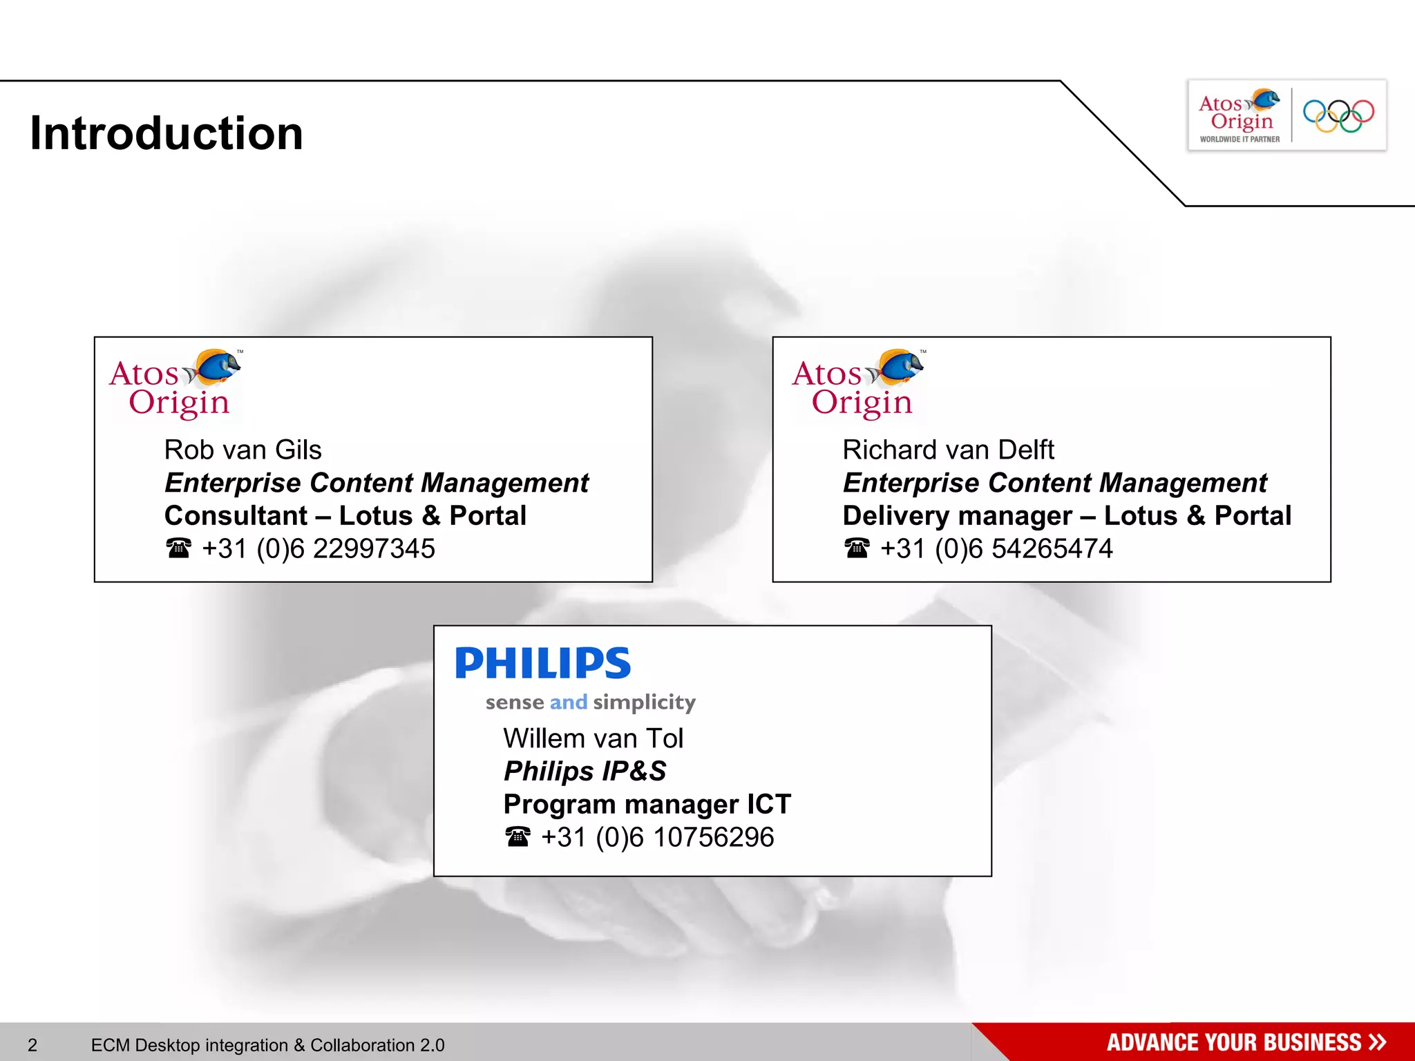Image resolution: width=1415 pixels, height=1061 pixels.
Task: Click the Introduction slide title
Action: click(x=167, y=133)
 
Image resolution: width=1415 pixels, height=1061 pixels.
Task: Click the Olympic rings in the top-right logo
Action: click(x=1338, y=115)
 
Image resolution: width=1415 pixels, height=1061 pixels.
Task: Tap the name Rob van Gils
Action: click(x=243, y=450)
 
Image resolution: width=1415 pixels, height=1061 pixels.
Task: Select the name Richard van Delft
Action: click(x=948, y=450)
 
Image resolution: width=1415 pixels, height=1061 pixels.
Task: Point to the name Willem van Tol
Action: click(x=593, y=738)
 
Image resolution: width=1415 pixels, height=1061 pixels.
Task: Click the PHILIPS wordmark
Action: click(x=543, y=663)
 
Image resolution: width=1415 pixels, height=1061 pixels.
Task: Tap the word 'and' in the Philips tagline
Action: click(x=568, y=702)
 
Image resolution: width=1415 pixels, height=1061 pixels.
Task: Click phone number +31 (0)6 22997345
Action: click(x=318, y=549)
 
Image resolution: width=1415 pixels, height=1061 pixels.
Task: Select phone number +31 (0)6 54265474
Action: click(x=996, y=549)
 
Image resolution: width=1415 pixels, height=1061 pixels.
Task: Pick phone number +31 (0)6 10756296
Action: click(x=657, y=837)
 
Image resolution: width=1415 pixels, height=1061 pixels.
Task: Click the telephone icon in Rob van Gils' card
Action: click(x=178, y=548)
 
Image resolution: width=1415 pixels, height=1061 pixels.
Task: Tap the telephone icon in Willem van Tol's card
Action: click(x=517, y=837)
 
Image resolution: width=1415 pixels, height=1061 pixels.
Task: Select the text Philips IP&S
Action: click(x=585, y=772)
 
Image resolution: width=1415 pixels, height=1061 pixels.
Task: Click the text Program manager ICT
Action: click(x=647, y=805)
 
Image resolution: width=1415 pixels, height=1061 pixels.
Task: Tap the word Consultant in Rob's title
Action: click(x=236, y=516)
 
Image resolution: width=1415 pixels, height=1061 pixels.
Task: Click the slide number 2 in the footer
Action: click(x=32, y=1045)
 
